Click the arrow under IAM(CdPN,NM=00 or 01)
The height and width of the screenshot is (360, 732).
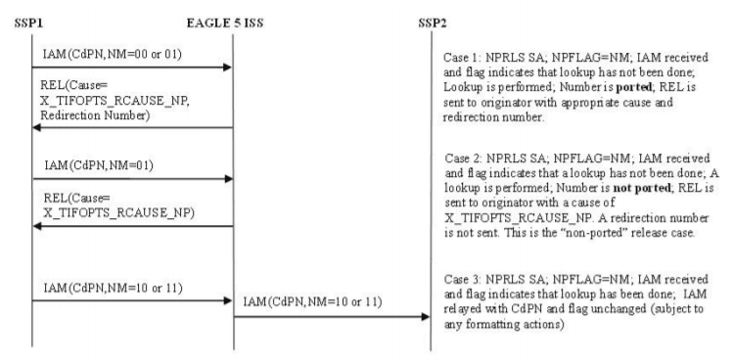point(127,67)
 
